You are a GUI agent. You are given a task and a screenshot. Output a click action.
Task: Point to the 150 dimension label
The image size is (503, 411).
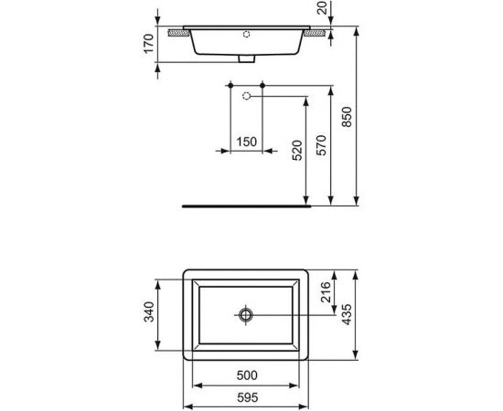point(245,141)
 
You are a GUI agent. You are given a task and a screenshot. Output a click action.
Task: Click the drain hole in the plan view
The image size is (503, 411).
point(246,315)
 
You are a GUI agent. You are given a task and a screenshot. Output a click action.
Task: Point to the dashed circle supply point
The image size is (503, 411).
point(246,95)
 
